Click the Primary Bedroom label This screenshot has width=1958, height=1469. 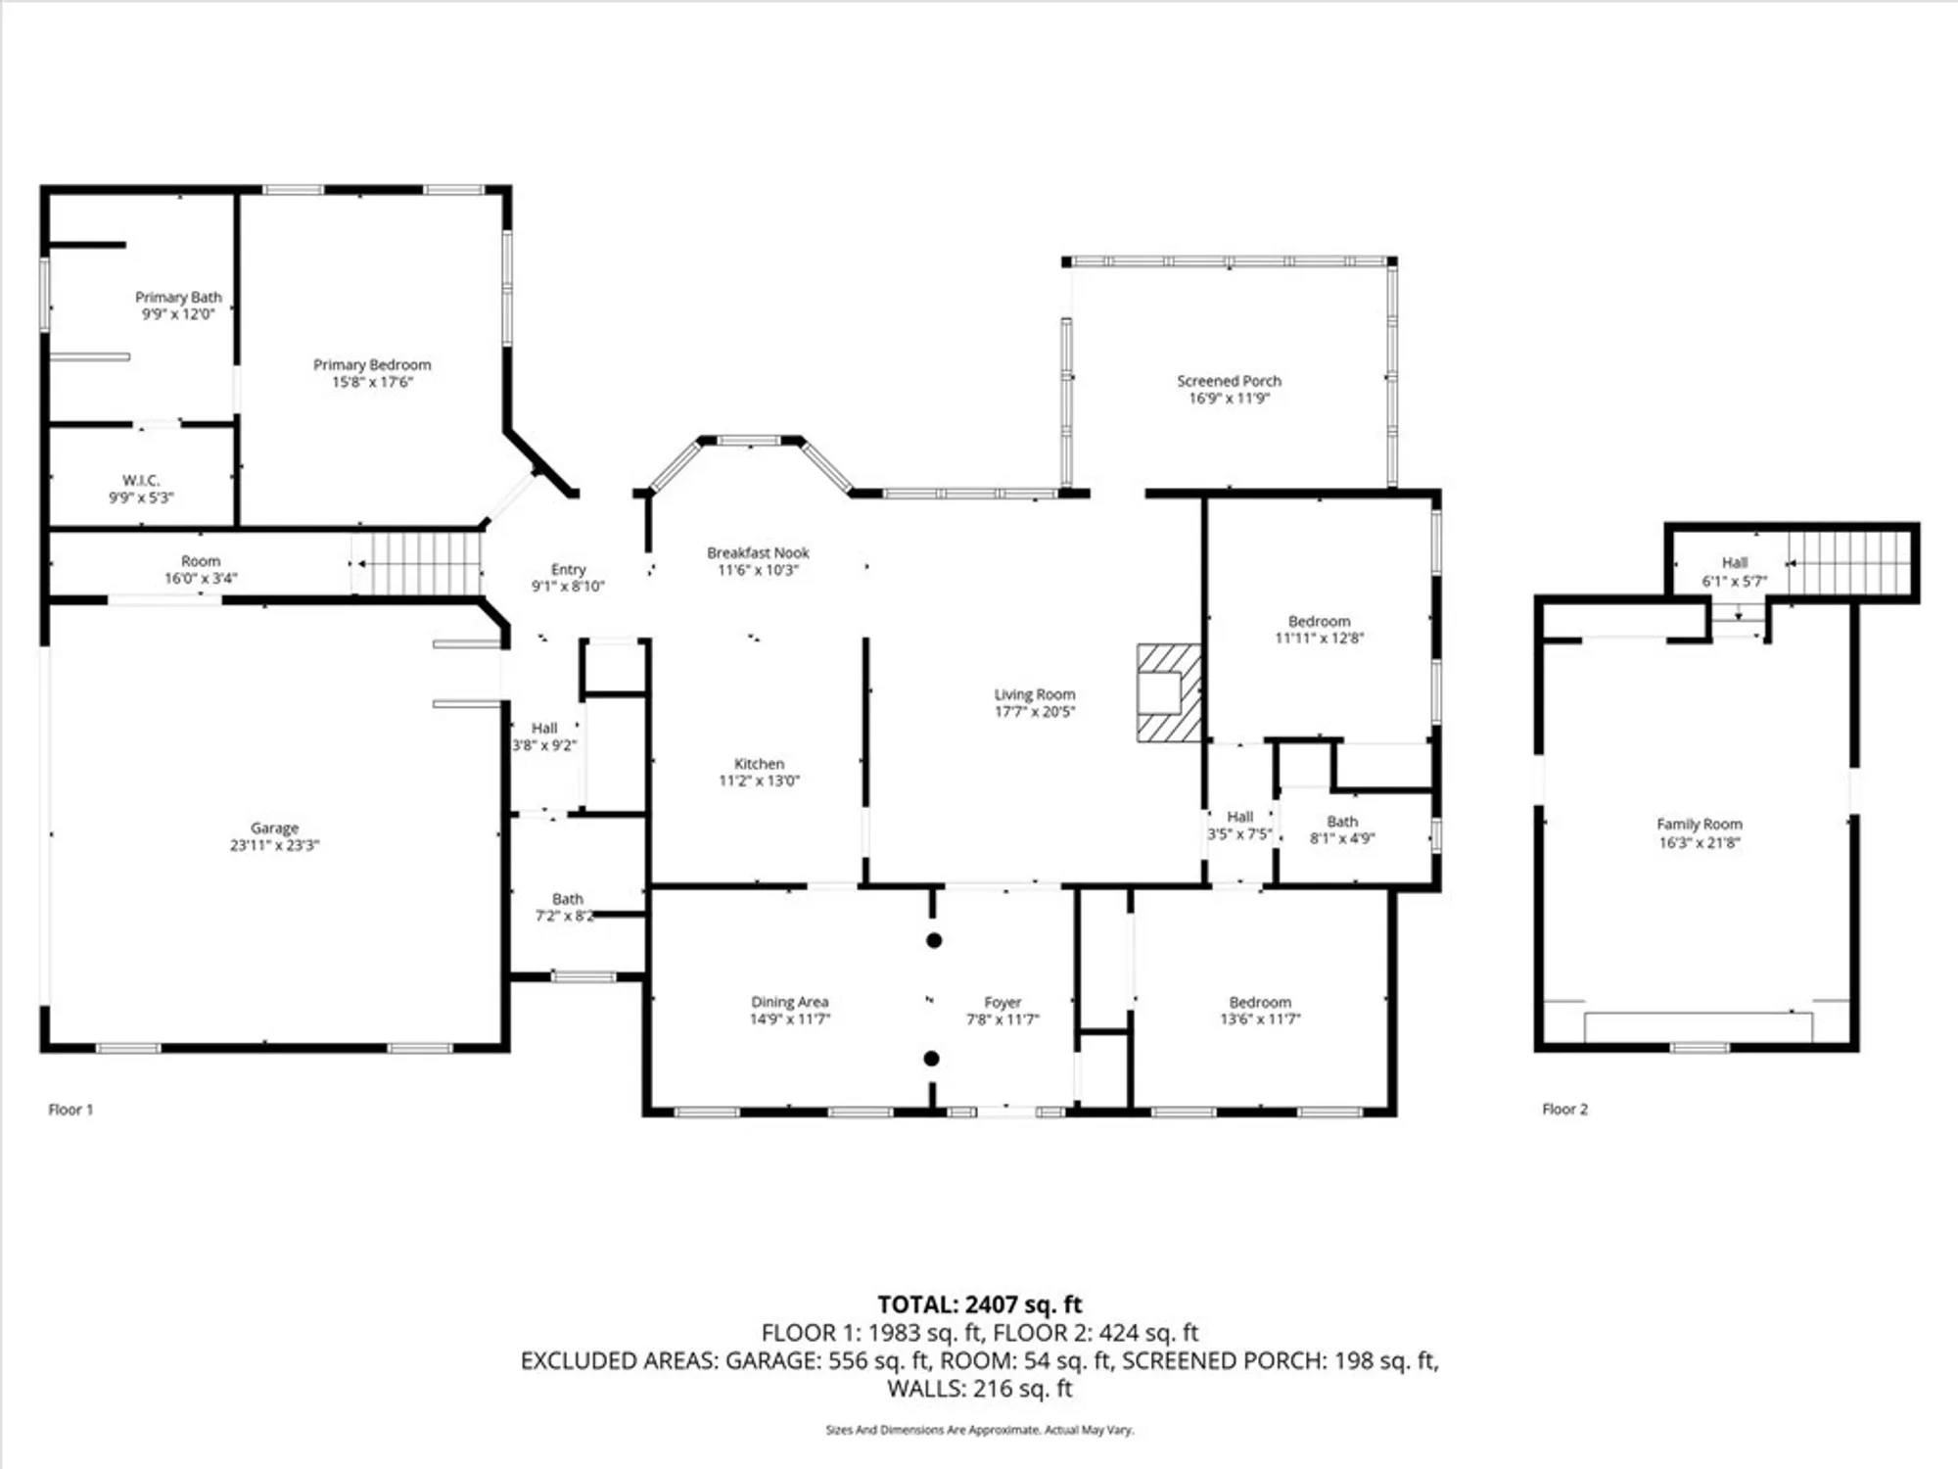coord(372,364)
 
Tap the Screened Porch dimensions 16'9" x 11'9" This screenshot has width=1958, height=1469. coord(1229,399)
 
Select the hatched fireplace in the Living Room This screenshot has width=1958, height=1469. coord(1169,692)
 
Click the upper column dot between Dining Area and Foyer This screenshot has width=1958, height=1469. coord(934,940)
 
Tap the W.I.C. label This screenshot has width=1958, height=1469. coord(141,480)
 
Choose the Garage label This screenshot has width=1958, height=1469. coord(274,828)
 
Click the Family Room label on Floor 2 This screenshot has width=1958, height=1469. coord(1700,825)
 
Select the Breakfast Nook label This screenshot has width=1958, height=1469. coord(758,552)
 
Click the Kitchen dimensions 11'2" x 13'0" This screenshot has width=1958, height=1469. coord(759,781)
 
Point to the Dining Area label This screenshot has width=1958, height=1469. coord(789,1002)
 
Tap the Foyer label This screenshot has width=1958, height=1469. coord(1002,1002)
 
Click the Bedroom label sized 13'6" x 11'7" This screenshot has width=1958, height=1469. coord(1260,1002)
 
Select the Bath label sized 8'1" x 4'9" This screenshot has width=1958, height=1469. coord(1342,822)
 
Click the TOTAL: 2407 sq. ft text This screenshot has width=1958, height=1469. coord(979,1304)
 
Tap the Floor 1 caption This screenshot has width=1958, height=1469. coord(70,1110)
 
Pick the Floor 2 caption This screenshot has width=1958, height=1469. coord(1564,1109)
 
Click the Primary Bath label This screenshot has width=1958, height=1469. coord(178,297)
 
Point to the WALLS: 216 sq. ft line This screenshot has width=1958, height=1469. coord(979,1389)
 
